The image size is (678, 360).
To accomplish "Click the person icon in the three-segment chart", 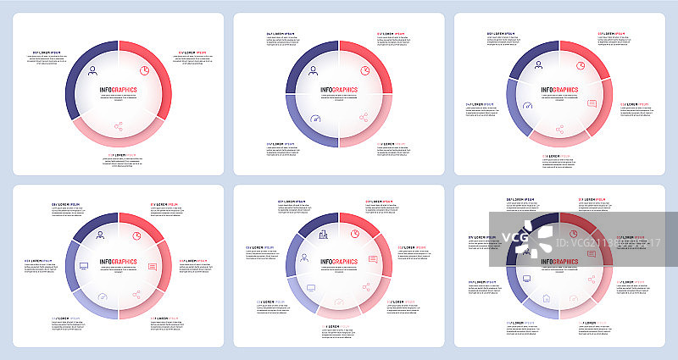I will click(x=92, y=65).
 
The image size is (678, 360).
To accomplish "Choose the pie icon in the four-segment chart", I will click(x=364, y=70).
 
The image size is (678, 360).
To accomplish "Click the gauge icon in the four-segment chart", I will click(x=314, y=119).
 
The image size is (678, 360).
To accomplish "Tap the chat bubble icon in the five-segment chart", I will click(x=592, y=103).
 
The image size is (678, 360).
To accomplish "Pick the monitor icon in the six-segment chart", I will click(x=82, y=266).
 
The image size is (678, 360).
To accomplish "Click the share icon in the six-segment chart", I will click(x=136, y=296).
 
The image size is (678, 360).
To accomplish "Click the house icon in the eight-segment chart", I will click(x=547, y=297).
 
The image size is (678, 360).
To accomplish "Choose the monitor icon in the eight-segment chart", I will click(x=526, y=278).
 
